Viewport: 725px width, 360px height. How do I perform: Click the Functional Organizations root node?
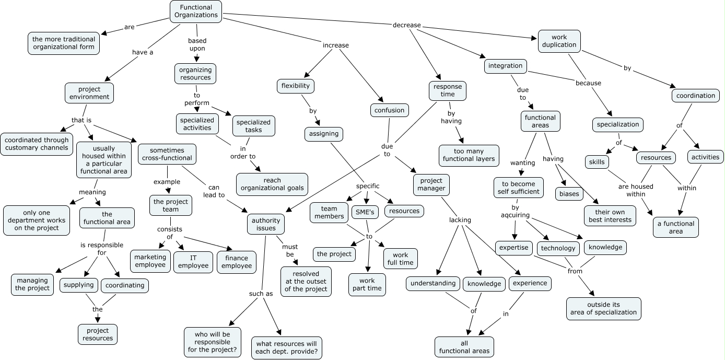pos(196,11)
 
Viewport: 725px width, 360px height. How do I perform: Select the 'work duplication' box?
pos(559,41)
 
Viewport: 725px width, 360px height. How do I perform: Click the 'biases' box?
pos(569,193)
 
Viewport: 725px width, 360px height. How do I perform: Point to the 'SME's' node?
pos(365,213)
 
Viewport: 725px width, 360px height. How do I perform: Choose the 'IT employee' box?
pos(193,261)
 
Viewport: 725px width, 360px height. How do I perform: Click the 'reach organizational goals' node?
pos(272,184)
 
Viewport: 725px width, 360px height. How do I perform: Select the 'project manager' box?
pos(431,184)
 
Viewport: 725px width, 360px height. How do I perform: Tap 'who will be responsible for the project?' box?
pos(213,342)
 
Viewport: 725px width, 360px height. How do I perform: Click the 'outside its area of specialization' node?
pos(603,308)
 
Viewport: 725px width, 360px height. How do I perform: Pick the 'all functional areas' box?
pos(464,346)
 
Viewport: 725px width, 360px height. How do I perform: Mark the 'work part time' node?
pos(367,284)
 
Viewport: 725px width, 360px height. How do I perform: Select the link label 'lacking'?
pos(460,220)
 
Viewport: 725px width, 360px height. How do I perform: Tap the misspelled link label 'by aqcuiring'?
pos(515,211)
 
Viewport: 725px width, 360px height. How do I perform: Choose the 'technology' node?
pos(558,248)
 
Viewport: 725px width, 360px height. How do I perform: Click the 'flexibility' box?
pos(295,86)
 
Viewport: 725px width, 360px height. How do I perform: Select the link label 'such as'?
pos(261,294)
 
